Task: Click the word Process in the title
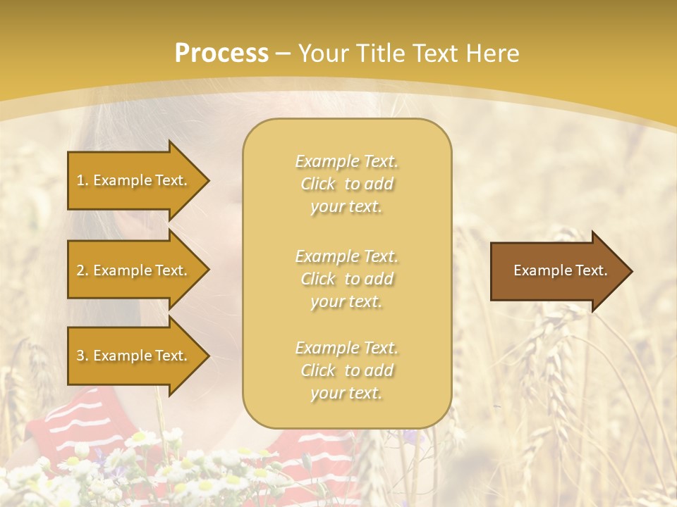[x=221, y=54]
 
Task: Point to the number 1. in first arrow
[x=83, y=180]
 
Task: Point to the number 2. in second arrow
[x=83, y=270]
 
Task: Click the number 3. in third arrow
[x=83, y=356]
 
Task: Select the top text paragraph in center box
[x=346, y=184]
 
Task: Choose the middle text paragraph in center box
[x=346, y=279]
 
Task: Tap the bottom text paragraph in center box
[x=346, y=370]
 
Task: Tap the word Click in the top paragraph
[x=318, y=184]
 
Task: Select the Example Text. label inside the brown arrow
[x=561, y=270]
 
